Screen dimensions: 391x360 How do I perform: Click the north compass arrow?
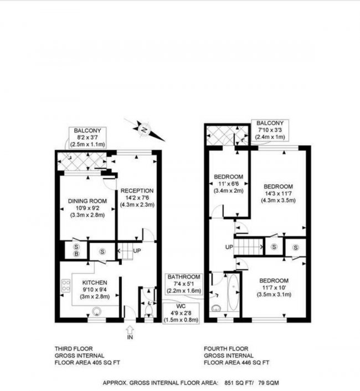click(144, 130)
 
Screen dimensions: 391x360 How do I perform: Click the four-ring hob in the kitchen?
click(66, 286)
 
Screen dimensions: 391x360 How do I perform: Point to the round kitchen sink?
click(97, 311)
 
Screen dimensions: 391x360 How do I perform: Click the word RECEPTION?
click(138, 191)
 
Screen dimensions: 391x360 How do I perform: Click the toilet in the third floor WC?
click(147, 312)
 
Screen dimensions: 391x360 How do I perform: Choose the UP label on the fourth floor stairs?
click(228, 246)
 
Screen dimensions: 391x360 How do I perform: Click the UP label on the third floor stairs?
click(137, 251)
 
